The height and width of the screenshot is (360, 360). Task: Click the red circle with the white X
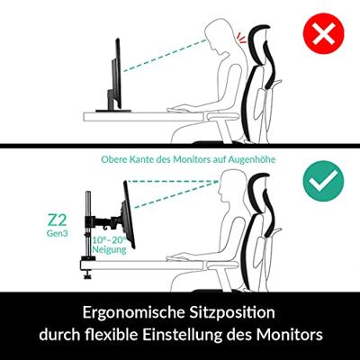point(323,33)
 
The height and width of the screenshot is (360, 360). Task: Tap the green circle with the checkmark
point(323,181)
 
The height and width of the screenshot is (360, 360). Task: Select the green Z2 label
point(57,220)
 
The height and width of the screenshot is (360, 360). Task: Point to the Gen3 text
point(58,233)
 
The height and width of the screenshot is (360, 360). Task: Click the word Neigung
point(109,249)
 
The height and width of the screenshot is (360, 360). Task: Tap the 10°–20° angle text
point(110,240)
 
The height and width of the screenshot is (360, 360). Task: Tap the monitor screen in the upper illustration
point(118,74)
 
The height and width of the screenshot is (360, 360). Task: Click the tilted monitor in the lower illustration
point(130,214)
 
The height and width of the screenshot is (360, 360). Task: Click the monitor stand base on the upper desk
point(113,111)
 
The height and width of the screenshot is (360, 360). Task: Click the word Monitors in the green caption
point(191,159)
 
